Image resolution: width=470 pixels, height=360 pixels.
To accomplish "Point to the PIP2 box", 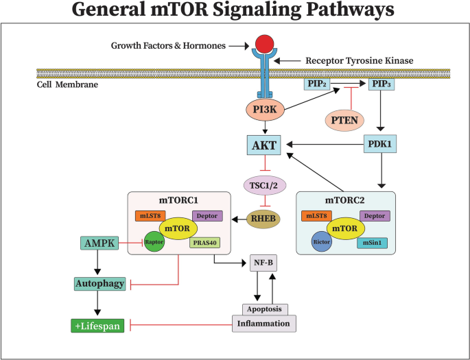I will [318, 85].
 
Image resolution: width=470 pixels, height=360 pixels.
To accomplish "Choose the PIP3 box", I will [382, 85].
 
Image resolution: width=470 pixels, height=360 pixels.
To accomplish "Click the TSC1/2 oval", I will [266, 184].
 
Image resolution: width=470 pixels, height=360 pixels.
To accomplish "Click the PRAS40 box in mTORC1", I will [204, 242].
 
